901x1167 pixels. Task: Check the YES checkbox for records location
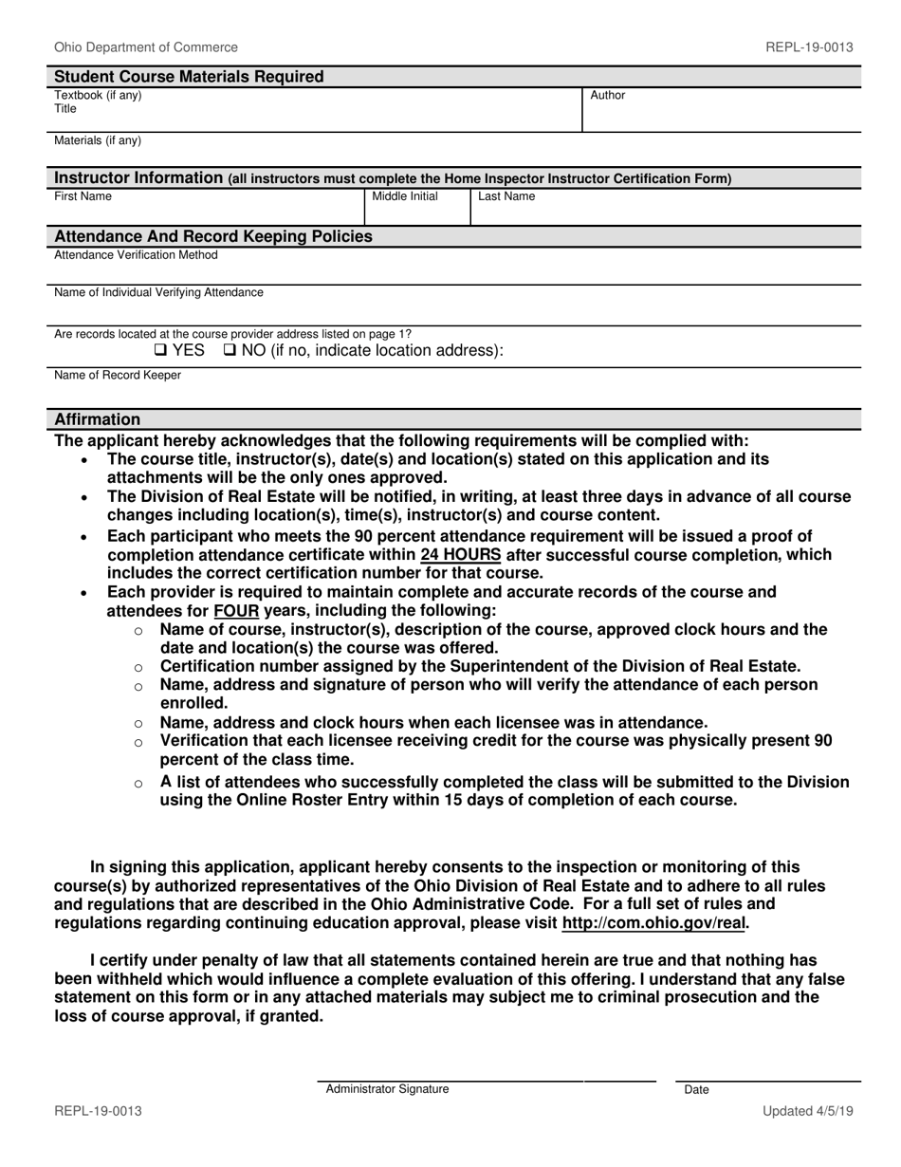159,350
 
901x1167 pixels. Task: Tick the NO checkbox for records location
230,350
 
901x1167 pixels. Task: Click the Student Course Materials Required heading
189,77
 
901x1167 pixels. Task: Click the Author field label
608,96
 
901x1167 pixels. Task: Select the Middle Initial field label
404,196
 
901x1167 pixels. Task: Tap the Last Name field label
506,196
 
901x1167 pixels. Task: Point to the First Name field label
83,196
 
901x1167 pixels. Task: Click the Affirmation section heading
97,419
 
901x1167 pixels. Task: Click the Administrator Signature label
387,1089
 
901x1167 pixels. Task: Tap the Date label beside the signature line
696,1090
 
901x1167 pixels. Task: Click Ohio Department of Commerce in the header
146,46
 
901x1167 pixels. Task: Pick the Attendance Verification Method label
136,255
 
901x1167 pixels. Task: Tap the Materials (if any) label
98,140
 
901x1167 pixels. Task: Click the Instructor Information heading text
138,177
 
